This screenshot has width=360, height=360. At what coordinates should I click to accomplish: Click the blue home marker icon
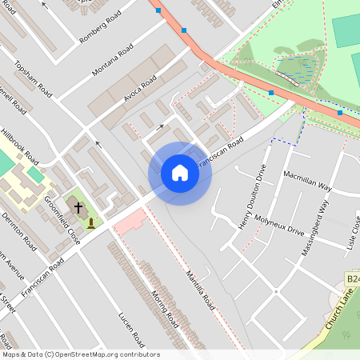coord(180,173)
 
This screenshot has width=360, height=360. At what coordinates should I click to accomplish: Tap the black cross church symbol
coord(78,208)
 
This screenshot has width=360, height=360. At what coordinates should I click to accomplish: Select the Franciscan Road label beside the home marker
coord(220,151)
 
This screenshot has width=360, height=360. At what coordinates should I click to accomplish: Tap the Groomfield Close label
coord(62,219)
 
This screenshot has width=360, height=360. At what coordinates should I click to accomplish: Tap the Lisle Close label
coord(354,232)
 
